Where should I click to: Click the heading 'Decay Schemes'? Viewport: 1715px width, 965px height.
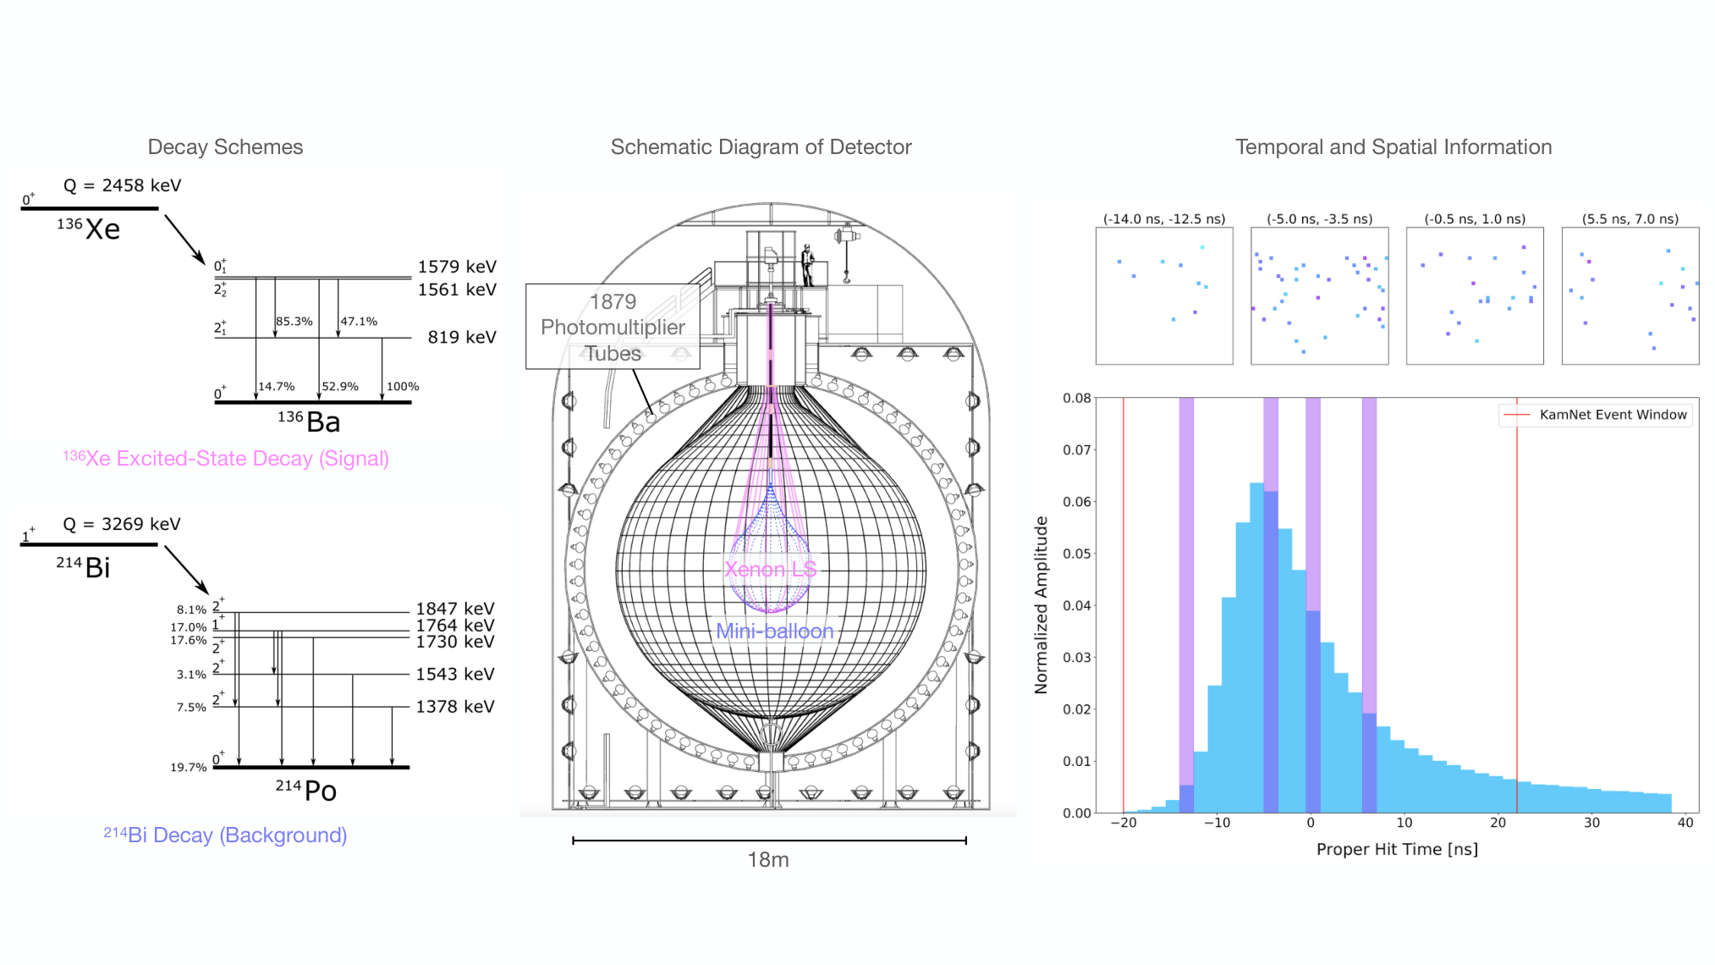pos(225,147)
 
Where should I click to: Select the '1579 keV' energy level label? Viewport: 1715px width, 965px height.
pos(457,267)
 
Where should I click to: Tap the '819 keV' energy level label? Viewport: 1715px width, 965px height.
pos(462,337)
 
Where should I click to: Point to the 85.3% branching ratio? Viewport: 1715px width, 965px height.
pos(294,322)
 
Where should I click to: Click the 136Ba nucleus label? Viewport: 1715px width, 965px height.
pos(309,421)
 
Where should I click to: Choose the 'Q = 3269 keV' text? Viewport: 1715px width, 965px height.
pos(122,524)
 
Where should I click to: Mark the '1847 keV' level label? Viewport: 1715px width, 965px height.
pos(455,609)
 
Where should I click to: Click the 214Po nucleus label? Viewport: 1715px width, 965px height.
pos(306,791)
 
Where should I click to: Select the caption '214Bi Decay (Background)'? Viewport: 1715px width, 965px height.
pos(225,835)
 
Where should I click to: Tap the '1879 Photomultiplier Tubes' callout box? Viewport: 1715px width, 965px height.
pos(613,327)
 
